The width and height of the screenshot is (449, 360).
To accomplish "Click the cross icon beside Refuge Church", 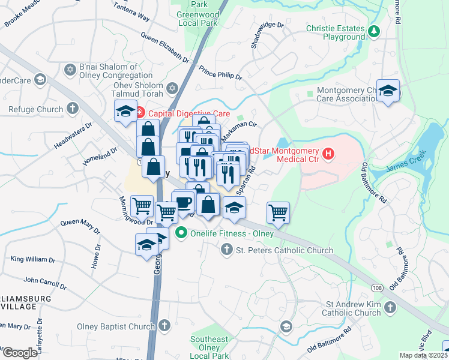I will coord(73,109).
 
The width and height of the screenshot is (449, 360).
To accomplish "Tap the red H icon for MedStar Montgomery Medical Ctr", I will coord(328,154).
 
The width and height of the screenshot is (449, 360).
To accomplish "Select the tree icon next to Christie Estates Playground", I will coord(375,31).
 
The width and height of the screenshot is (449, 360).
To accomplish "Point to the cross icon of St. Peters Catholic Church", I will coord(227,249).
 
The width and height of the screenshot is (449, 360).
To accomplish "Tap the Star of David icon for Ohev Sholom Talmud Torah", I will coord(173,88).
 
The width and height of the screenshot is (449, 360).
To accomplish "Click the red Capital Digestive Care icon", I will coord(140,112).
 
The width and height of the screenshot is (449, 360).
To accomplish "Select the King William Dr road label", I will coord(32,260).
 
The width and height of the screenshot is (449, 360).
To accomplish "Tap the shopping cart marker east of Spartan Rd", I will coord(278,211).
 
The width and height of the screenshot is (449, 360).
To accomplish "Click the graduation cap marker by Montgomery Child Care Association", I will coord(388,91).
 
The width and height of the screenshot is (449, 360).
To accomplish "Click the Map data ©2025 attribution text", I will coord(423,355).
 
